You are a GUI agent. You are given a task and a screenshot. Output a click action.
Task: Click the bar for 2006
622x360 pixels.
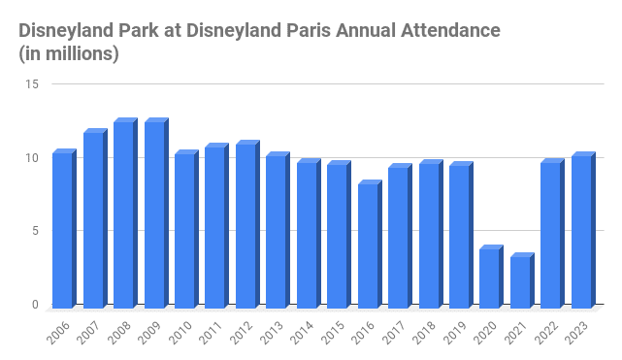click(62, 230)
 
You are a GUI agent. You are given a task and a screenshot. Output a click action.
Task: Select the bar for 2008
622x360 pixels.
click(123, 214)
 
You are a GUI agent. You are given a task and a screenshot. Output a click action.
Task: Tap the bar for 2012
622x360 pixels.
click(246, 226)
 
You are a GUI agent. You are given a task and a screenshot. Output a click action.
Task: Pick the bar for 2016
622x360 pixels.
click(368, 245)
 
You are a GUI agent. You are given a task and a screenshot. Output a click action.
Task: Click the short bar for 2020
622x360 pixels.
click(490, 278)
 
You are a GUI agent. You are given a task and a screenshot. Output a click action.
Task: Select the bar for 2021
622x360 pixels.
click(520, 282)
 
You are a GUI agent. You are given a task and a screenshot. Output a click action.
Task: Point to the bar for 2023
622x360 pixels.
click(581, 232)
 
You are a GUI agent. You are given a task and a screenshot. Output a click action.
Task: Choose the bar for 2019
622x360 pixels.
click(459, 237)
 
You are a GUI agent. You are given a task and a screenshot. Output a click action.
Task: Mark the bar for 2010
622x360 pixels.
click(184, 231)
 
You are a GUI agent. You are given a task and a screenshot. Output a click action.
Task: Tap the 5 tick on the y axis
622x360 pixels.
click(35, 231)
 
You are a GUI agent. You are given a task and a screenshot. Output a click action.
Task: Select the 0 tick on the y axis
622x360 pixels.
click(35, 305)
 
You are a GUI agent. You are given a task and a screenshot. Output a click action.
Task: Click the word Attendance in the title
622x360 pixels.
click(450, 31)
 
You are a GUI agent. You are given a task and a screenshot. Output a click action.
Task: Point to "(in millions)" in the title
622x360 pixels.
click(68, 54)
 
